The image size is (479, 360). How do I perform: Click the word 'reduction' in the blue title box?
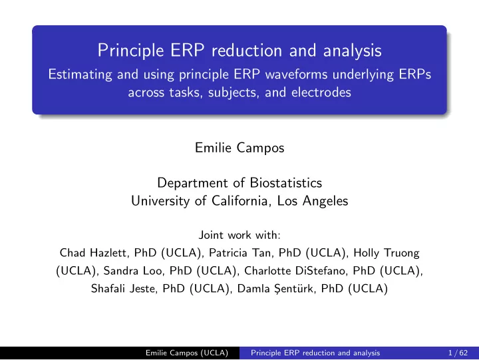tap(247, 51)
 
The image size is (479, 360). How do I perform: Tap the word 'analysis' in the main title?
tap(352, 51)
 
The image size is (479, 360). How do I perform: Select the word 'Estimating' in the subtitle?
tap(80, 75)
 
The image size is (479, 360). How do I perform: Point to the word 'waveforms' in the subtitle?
tap(296, 75)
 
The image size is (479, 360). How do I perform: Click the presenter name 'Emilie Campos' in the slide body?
tap(239, 148)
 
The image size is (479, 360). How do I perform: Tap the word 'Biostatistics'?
tap(286, 183)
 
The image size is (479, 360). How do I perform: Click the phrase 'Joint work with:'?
tap(239, 235)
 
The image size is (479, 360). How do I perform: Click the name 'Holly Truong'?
tap(387, 253)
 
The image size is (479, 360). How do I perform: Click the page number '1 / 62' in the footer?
tap(458, 353)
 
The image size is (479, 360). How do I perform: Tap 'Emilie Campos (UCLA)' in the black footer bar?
tap(187, 353)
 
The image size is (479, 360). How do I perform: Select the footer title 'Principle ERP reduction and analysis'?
tap(315, 353)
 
